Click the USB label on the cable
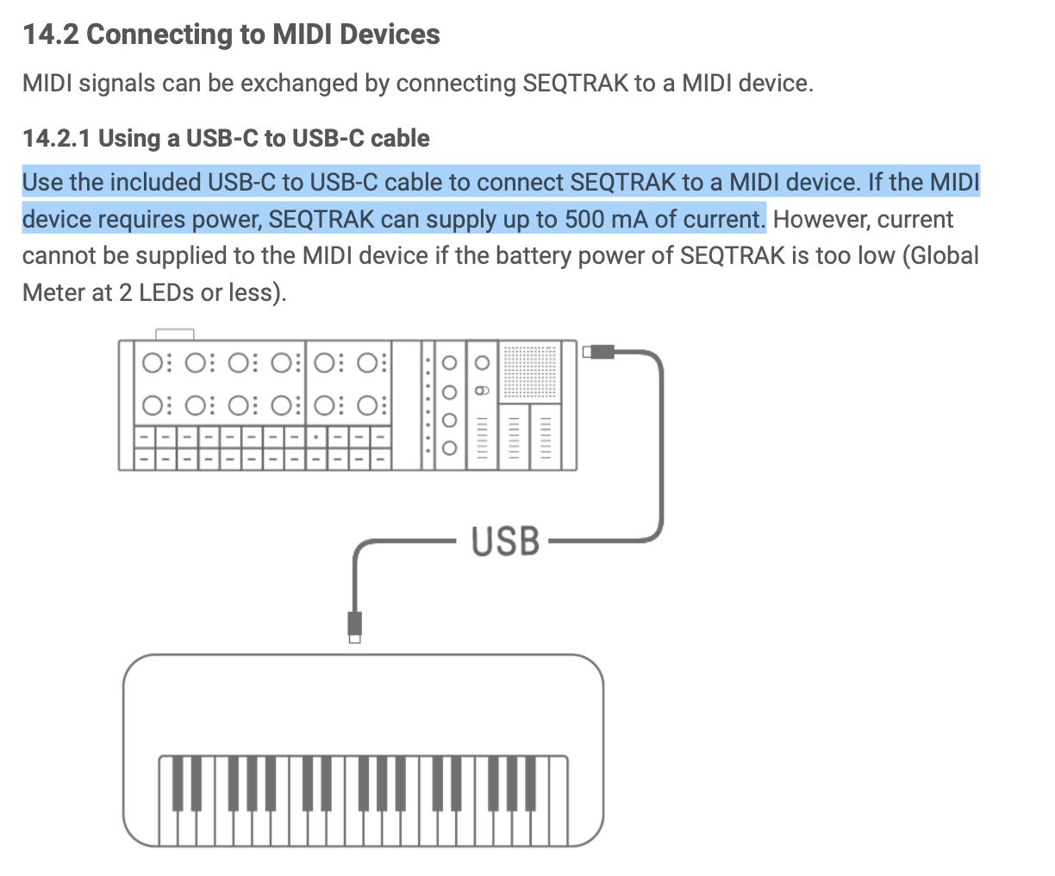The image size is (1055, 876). [x=505, y=541]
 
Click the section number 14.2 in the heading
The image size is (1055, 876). [x=51, y=34]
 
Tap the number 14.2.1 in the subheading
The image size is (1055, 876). [x=57, y=138]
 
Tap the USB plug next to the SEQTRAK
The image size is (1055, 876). [x=599, y=352]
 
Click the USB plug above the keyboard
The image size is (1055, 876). [x=355, y=628]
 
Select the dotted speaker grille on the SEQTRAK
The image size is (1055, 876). [x=530, y=372]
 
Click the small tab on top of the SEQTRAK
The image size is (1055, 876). [x=175, y=335]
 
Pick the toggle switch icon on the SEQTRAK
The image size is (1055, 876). [x=482, y=391]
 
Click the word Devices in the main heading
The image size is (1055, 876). [x=390, y=34]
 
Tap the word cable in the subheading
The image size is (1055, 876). [x=400, y=138]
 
